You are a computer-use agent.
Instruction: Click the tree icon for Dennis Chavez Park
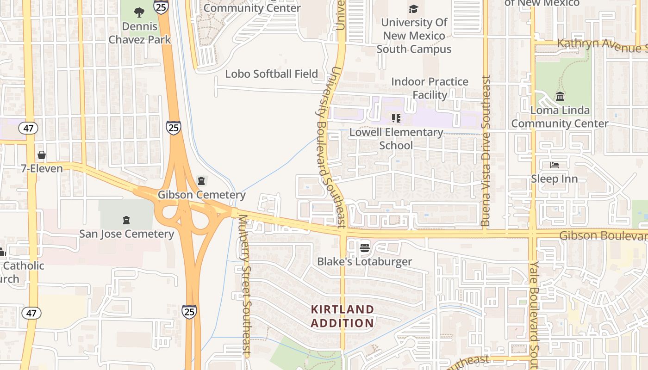point(139,12)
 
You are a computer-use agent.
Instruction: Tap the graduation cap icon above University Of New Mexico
point(413,9)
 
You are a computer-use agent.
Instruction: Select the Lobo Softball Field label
point(271,74)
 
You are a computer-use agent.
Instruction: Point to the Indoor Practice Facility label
point(430,88)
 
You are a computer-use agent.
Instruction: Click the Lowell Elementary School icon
point(396,119)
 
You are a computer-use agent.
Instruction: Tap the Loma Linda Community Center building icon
point(560,97)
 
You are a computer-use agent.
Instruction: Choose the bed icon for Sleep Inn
point(554,165)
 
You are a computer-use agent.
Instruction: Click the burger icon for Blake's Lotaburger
point(364,248)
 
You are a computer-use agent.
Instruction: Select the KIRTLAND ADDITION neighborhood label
point(342,316)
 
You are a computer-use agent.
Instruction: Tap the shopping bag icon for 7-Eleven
point(42,155)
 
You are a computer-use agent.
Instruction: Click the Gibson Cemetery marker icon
point(201,180)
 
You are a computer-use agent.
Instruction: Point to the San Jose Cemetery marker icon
point(126,220)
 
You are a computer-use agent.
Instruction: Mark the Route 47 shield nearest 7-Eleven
point(29,128)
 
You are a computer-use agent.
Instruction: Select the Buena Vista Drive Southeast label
point(486,151)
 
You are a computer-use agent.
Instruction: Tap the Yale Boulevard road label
point(535,314)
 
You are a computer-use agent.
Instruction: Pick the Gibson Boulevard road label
point(603,236)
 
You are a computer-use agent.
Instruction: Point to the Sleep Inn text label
point(554,179)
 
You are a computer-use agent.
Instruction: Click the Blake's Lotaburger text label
point(364,262)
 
